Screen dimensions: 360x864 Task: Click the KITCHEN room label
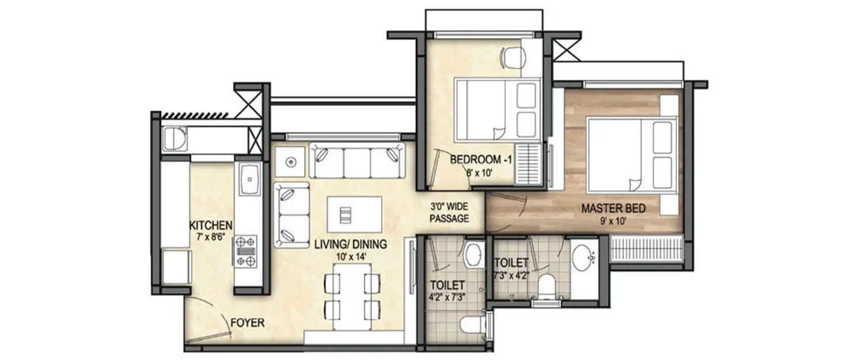[211, 225]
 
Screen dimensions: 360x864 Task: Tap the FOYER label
[247, 323]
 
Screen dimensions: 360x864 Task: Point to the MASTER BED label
[613, 208]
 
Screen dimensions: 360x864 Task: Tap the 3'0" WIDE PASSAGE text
[450, 213]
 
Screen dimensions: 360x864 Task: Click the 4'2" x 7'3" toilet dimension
[447, 296]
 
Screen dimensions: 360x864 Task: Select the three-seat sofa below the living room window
[357, 161]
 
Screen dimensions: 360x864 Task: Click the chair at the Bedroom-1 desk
[514, 57]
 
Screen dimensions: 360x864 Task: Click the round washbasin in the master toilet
[583, 256]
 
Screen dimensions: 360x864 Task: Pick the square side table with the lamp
[291, 161]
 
